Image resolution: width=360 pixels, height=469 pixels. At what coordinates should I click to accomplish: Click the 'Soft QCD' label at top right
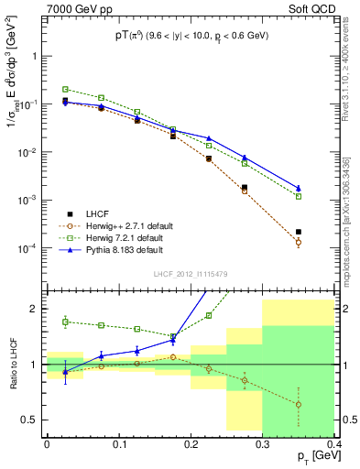pyautogui.click(x=311, y=9)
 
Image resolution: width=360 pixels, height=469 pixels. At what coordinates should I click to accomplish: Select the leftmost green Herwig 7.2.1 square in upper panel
pyautogui.click(x=65, y=89)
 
